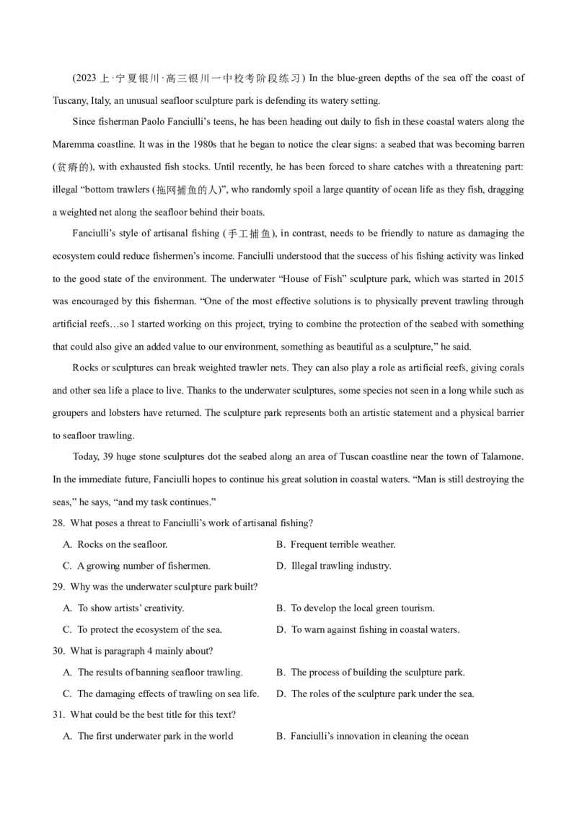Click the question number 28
point(58,523)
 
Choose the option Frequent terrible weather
point(343,544)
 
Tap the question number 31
point(58,714)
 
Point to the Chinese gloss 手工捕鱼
point(250,234)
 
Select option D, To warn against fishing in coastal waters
point(375,629)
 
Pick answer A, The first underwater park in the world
point(155,736)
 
